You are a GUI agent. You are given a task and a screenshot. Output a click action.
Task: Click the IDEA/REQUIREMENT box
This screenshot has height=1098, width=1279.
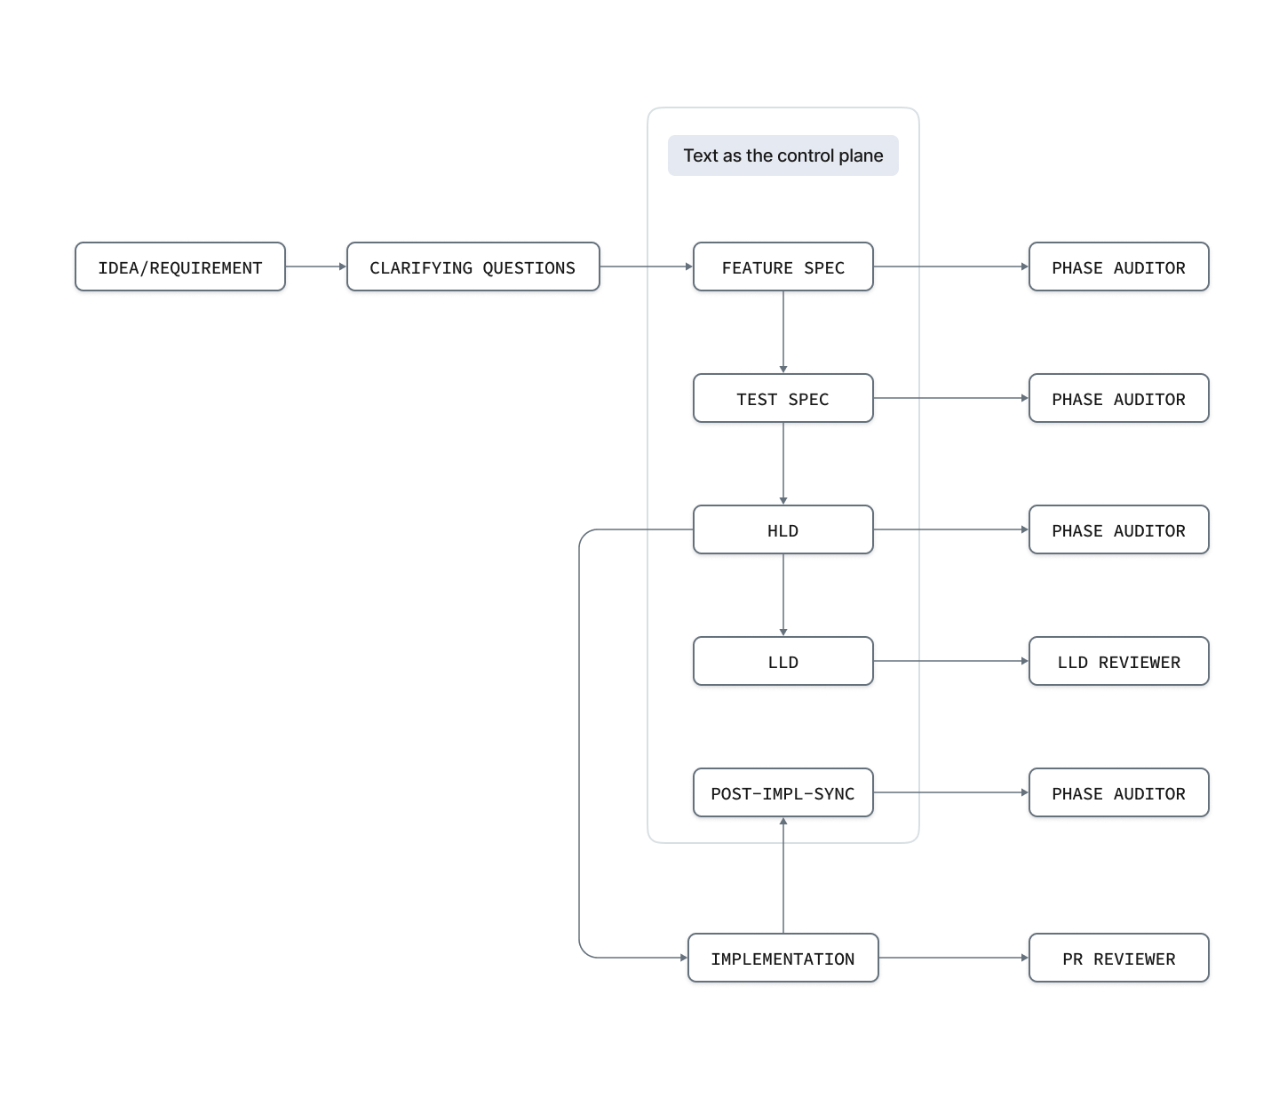(x=180, y=267)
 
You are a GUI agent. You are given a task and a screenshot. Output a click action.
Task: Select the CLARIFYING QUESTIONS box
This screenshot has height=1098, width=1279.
(x=473, y=267)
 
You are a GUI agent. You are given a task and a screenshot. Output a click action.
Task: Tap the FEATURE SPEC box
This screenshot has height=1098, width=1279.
(x=783, y=267)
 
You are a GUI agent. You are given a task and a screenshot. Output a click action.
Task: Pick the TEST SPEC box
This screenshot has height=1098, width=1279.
(x=783, y=398)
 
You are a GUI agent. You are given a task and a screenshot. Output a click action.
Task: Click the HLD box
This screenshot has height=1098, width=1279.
(x=783, y=529)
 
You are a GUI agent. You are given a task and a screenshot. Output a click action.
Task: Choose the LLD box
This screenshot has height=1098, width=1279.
(x=783, y=661)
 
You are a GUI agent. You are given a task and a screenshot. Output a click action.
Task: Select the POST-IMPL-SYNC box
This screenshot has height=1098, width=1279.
(x=783, y=793)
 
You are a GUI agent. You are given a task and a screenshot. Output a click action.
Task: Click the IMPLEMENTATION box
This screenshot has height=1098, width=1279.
(x=783, y=958)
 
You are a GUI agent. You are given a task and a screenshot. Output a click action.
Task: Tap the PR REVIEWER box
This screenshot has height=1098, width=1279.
(x=1119, y=958)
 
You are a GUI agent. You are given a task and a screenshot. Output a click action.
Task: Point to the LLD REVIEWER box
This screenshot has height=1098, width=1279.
(x=1119, y=661)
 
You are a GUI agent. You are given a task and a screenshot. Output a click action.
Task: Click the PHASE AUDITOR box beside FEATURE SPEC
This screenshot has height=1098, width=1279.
(x=1119, y=267)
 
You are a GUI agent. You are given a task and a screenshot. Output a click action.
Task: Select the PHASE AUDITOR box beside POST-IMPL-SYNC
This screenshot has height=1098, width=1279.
(x=1119, y=793)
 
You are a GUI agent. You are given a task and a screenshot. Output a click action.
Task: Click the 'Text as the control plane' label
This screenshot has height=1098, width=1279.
(x=783, y=155)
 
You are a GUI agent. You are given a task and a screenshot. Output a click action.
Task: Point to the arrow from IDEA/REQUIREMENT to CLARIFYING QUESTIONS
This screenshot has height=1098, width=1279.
(x=316, y=267)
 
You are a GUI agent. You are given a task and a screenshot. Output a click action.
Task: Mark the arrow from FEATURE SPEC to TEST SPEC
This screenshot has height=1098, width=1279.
(x=783, y=331)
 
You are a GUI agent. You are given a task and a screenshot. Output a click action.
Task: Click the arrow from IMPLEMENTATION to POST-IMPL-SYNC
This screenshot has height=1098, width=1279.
(x=783, y=875)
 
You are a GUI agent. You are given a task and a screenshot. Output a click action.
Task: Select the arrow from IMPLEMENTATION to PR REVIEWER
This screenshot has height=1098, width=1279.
(x=954, y=958)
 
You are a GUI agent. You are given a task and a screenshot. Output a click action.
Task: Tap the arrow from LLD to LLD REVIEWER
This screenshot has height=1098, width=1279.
(x=951, y=661)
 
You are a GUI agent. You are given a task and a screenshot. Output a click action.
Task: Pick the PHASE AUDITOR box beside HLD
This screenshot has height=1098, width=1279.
(x=1119, y=529)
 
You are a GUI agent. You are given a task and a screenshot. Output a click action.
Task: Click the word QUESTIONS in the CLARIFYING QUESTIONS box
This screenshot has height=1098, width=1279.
(x=529, y=268)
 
